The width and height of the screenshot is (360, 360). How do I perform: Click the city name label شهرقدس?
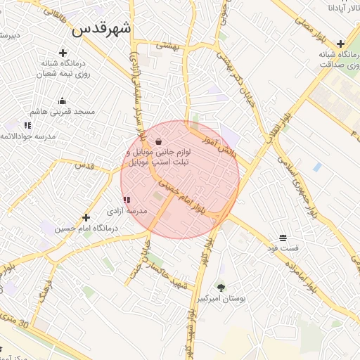point(102,30)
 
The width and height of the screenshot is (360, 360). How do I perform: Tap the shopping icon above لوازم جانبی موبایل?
point(158,141)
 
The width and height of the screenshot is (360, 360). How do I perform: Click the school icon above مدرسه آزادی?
point(127,200)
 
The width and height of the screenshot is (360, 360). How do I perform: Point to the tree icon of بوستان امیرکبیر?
point(221,287)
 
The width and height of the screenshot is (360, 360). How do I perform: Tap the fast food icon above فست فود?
point(283,238)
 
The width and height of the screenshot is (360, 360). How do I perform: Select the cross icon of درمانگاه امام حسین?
point(86,218)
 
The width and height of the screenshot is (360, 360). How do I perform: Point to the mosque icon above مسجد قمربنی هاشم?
point(63,101)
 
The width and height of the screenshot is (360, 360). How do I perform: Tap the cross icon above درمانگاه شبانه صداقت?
point(340,44)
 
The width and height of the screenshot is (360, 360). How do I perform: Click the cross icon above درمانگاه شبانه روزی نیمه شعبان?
point(63,52)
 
